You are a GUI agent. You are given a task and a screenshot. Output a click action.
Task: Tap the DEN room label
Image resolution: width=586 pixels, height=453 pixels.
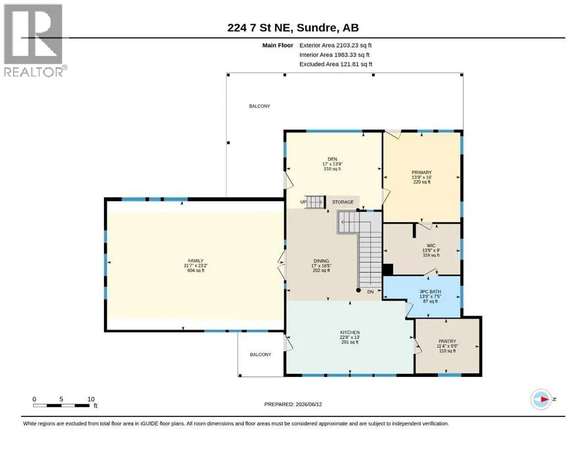pyautogui.click(x=332, y=159)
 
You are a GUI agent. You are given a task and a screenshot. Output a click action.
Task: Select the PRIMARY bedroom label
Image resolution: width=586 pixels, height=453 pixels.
pyautogui.click(x=421, y=173)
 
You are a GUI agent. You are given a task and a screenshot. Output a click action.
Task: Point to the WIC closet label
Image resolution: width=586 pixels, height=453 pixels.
pyautogui.click(x=431, y=246)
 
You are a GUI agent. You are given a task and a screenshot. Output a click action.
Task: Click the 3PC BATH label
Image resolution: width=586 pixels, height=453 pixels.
pyautogui.click(x=430, y=291)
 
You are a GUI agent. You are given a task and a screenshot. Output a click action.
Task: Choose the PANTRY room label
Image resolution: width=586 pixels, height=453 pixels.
pyautogui.click(x=447, y=342)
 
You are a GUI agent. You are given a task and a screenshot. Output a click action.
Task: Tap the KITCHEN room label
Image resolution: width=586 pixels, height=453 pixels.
pyautogui.click(x=350, y=332)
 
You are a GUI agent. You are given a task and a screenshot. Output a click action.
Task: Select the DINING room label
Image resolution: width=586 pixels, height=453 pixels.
pyautogui.click(x=322, y=261)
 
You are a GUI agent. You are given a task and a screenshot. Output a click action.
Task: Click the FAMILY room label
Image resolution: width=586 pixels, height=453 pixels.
pyautogui.click(x=196, y=261)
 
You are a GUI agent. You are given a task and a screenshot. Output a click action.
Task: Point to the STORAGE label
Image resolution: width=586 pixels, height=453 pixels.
pyautogui.click(x=343, y=202)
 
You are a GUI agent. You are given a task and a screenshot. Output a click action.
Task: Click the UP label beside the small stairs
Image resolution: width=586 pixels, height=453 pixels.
pyautogui.click(x=303, y=202)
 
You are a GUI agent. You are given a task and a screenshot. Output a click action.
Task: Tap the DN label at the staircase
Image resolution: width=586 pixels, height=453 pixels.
pyautogui.click(x=371, y=291)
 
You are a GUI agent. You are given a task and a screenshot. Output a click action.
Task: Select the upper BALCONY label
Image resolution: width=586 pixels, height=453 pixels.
pyautogui.click(x=260, y=106)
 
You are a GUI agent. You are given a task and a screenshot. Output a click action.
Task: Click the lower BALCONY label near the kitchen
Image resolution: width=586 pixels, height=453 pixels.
pyautogui.click(x=260, y=354)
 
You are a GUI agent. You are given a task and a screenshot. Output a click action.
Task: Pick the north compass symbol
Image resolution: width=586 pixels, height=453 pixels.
pyautogui.click(x=541, y=399)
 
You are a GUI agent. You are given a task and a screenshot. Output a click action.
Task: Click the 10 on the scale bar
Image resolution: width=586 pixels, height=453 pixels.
pyautogui.click(x=91, y=399)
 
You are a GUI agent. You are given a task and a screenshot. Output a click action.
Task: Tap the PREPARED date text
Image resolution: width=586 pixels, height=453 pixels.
pyautogui.click(x=293, y=404)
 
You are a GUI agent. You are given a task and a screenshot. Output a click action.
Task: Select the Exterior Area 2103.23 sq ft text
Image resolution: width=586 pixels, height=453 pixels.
pyautogui.click(x=336, y=45)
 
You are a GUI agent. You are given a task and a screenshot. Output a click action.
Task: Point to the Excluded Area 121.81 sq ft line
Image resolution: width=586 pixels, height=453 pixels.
pyautogui.click(x=336, y=64)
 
